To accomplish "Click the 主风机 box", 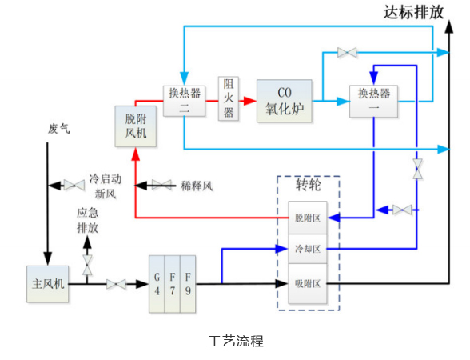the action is [48, 284].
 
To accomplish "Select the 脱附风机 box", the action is [136, 126].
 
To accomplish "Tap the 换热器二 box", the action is [184, 101].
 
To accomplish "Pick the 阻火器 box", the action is [229, 98].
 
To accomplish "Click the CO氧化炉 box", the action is [285, 101].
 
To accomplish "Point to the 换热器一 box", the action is [373, 101].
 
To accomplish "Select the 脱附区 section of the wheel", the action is [307, 218].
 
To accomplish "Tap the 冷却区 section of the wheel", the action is [307, 249].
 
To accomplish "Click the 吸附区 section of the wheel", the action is [307, 284].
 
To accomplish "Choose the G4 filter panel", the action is [157, 284].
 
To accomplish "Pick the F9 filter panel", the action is [188, 284].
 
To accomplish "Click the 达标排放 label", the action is [414, 12].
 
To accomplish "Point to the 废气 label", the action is [59, 129].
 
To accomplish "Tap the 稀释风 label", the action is [197, 186].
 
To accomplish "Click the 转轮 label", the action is [309, 185].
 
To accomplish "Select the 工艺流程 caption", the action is [236, 341].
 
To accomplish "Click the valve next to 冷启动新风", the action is [74, 185].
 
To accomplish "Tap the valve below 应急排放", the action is [87, 266].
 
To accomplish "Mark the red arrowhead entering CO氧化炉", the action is [249, 101].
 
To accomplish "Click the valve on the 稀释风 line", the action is [161, 185].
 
